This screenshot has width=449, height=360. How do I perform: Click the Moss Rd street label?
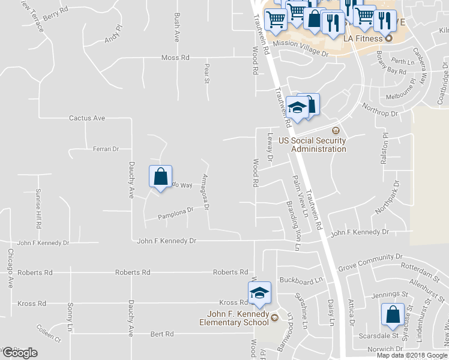(x=175, y=58)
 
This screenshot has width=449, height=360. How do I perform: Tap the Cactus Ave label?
(x=87, y=118)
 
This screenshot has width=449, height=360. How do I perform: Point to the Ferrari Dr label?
(x=106, y=148)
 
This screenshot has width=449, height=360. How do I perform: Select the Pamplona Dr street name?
(x=176, y=212)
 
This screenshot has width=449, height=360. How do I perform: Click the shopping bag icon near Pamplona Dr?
(x=160, y=178)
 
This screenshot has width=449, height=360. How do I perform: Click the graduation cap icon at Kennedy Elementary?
(x=259, y=293)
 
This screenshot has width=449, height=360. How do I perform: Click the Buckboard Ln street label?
(x=301, y=280)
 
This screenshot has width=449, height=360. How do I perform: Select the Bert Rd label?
(x=161, y=334)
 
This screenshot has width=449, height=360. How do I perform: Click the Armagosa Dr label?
(x=205, y=191)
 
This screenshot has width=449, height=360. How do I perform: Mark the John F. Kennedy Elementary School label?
(x=238, y=318)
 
